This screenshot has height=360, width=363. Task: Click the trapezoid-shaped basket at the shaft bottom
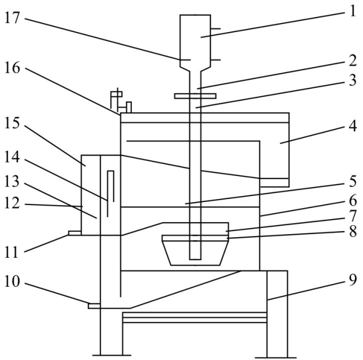tap(194, 250)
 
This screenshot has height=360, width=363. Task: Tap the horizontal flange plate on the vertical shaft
tap(195, 96)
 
